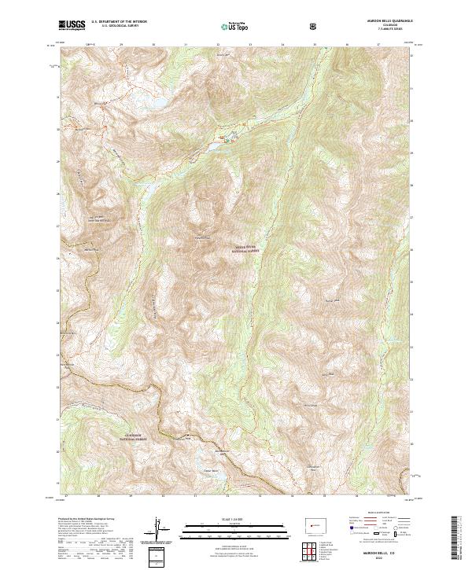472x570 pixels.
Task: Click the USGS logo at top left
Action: point(72,25)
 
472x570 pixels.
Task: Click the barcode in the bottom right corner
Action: point(455,538)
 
